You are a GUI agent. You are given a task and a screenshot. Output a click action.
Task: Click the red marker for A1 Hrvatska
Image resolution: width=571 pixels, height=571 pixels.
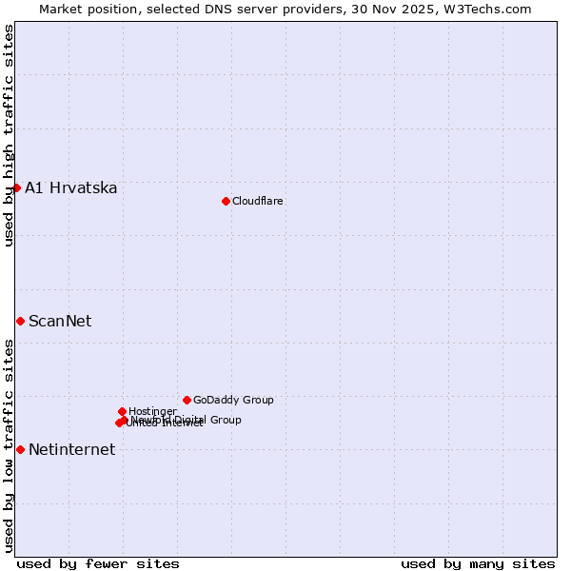click(x=16, y=187)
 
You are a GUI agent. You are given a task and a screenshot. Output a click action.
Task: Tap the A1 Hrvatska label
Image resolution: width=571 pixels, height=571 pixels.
click(x=71, y=187)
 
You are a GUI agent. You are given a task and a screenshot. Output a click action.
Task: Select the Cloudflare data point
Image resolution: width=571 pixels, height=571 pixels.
click(x=226, y=201)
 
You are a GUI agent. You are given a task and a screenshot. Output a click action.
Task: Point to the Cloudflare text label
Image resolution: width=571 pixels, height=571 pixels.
click(x=258, y=201)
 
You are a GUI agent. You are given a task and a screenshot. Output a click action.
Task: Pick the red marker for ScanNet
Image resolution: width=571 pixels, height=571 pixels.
click(x=20, y=321)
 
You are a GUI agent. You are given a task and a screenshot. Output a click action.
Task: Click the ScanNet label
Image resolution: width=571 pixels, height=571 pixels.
click(x=60, y=321)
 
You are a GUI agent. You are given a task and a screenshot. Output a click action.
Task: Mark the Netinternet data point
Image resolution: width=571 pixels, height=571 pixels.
click(x=20, y=449)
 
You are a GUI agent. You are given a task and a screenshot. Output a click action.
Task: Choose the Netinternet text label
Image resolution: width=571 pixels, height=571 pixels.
click(x=71, y=449)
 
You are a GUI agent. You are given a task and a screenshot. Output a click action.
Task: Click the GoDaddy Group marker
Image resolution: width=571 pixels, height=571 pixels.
click(x=187, y=400)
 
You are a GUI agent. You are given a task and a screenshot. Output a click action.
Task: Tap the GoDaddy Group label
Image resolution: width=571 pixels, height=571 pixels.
click(x=233, y=400)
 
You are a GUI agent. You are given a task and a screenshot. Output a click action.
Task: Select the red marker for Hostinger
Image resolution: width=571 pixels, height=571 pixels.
click(x=122, y=411)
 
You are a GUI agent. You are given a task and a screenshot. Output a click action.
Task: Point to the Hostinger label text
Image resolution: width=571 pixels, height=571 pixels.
click(x=152, y=411)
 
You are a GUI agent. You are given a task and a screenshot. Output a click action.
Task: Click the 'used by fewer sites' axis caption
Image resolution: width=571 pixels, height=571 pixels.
click(x=98, y=563)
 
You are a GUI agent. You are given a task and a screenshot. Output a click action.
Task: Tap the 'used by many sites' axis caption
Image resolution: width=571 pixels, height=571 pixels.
click(x=478, y=563)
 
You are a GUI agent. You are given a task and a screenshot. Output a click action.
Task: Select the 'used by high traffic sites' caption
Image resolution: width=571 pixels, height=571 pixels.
click(x=9, y=135)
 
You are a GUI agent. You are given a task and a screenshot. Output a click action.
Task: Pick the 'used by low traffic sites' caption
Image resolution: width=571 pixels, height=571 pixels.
click(x=9, y=444)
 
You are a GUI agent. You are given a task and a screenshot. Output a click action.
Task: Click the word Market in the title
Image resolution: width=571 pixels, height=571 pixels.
click(x=61, y=9)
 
